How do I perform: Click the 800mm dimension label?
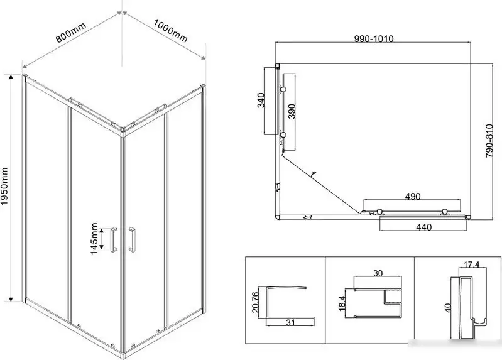[71, 32]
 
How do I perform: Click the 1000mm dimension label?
[170, 31]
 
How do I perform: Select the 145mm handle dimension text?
[94, 239]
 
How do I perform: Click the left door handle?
[114, 239]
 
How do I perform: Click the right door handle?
[131, 239]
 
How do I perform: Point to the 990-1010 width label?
[374, 39]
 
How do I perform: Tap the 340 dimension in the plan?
[261, 101]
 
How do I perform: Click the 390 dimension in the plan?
[292, 111]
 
